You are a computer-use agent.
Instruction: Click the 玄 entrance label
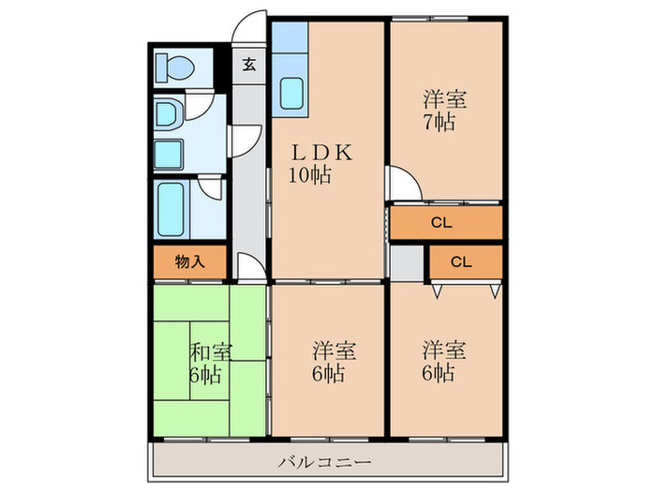click(x=248, y=65)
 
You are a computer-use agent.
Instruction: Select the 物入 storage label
click(x=189, y=262)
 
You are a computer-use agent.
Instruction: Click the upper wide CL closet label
click(x=444, y=224)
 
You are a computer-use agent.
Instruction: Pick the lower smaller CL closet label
click(x=461, y=262)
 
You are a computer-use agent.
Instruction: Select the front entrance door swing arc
click(x=250, y=27)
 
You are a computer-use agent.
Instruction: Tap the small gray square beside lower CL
click(x=407, y=262)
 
